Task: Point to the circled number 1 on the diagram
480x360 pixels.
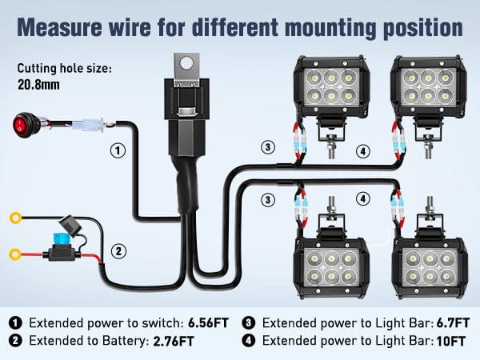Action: pos(117,150)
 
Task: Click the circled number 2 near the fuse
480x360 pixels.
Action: pos(118,252)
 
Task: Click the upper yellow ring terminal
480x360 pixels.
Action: pos(13,217)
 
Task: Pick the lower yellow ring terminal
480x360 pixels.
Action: pos(13,255)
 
